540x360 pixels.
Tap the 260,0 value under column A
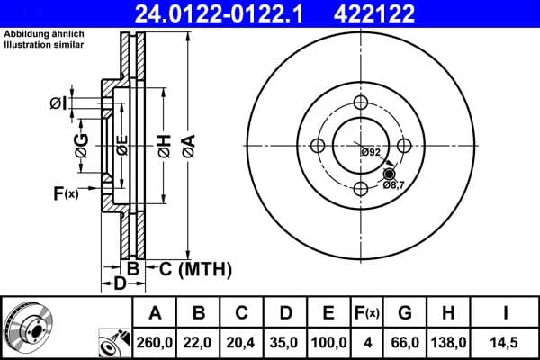[155, 343]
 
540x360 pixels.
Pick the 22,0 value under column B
[199, 343]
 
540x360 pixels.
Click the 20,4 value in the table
[242, 343]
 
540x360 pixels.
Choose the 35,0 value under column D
[285, 343]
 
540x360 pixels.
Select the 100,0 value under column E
[328, 343]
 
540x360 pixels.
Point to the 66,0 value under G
[405, 343]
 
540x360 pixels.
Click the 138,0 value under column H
[449, 343]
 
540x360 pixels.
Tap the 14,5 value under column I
[505, 343]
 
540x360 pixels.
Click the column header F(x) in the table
[367, 313]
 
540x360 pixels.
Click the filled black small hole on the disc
[389, 174]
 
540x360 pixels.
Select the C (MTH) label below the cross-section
[195, 268]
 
